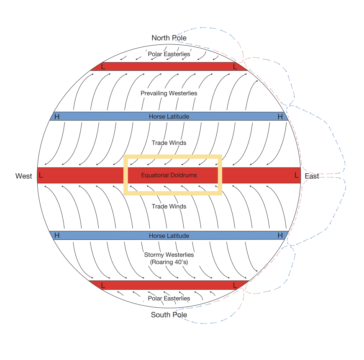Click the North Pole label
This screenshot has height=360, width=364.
click(x=169, y=38)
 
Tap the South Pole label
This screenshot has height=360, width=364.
click(x=169, y=314)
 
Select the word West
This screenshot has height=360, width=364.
click(x=23, y=176)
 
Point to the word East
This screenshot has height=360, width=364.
click(x=312, y=176)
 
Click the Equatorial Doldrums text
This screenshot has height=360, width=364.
click(x=169, y=175)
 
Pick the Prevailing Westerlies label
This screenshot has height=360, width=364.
click(x=169, y=93)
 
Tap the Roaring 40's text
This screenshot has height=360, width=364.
click(x=169, y=262)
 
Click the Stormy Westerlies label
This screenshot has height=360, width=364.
click(x=169, y=255)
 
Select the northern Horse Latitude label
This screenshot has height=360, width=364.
click(x=169, y=116)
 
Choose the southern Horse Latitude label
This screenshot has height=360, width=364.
click(x=169, y=236)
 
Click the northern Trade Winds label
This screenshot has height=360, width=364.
click(x=169, y=143)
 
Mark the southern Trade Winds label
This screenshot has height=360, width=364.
click(x=169, y=206)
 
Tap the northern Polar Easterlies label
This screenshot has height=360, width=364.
click(x=169, y=54)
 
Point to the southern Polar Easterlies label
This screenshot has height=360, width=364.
click(x=169, y=298)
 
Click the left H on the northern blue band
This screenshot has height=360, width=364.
click(x=57, y=116)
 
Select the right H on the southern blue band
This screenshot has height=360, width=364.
click(x=280, y=236)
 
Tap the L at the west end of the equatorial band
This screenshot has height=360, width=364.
click(x=41, y=175)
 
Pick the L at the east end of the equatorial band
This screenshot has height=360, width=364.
click(x=297, y=175)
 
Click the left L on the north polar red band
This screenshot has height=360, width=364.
click(x=103, y=67)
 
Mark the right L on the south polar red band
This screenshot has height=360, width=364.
click(x=235, y=285)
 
